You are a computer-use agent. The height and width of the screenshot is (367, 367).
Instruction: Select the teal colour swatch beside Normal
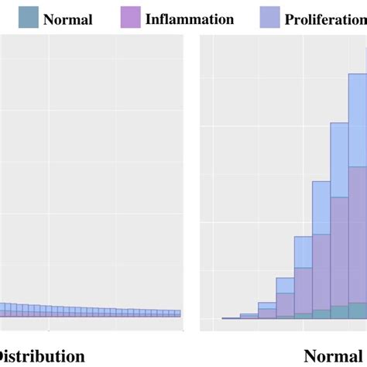[29, 17]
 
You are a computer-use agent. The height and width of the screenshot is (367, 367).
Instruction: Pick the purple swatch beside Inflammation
[130, 17]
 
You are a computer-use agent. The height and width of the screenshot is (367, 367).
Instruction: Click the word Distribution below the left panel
[43, 356]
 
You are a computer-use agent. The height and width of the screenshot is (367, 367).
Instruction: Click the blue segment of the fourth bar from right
[303, 252]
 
